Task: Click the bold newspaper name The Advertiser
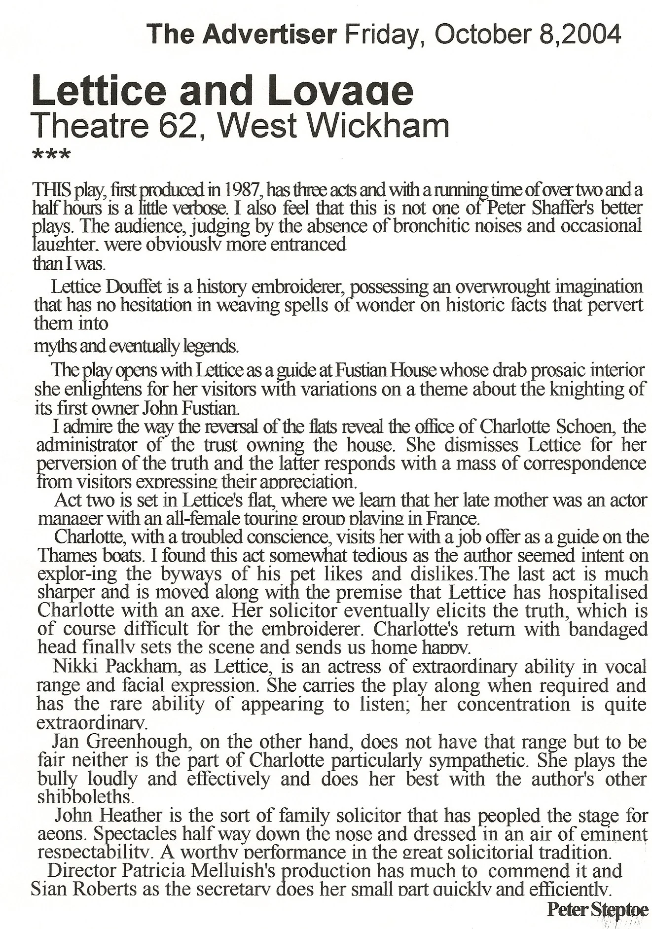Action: pos(242,35)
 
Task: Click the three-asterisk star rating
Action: pos(51,155)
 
